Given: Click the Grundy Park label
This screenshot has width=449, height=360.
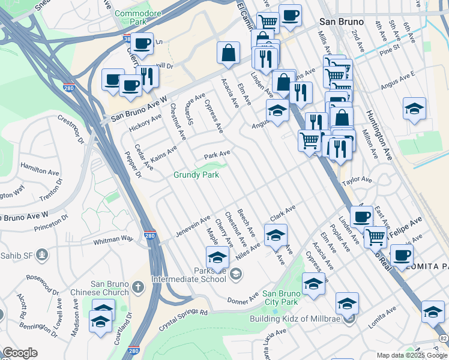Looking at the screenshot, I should [196, 175].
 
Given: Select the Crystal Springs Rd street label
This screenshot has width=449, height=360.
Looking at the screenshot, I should [183, 320].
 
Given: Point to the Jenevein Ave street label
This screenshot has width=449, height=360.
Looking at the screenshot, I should [192, 225].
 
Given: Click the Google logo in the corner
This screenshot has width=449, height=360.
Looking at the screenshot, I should [20, 353].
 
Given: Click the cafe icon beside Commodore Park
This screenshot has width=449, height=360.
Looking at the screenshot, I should [142, 43].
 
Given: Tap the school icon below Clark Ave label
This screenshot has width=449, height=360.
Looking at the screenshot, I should [276, 235].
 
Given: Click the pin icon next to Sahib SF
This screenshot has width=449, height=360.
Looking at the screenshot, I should [41, 254].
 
